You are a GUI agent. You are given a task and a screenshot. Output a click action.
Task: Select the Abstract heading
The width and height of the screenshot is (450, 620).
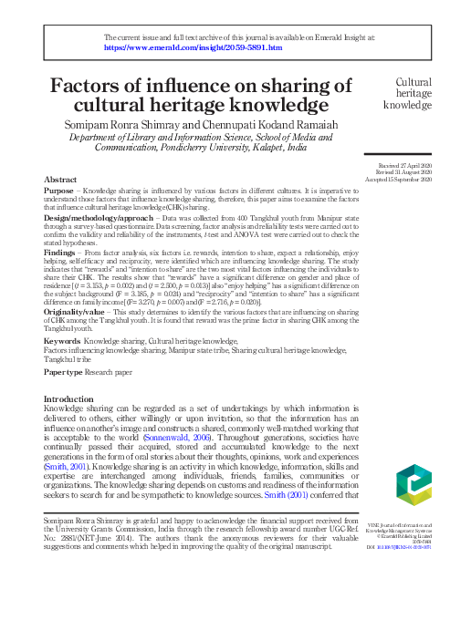pos(61,181)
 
